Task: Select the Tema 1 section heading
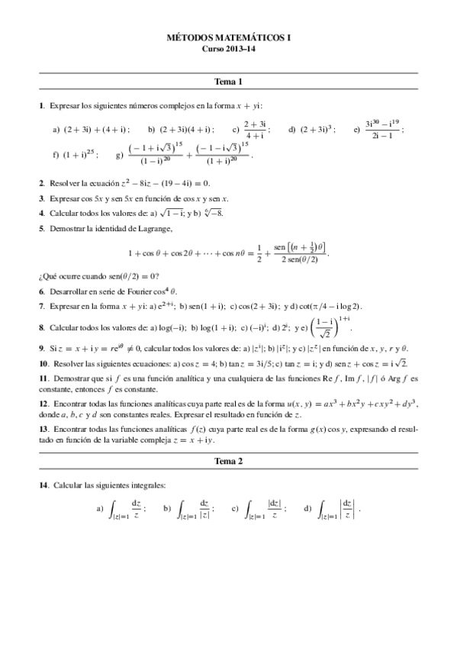[x=228, y=81]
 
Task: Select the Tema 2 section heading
[x=228, y=462]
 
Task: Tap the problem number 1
[x=40, y=105]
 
